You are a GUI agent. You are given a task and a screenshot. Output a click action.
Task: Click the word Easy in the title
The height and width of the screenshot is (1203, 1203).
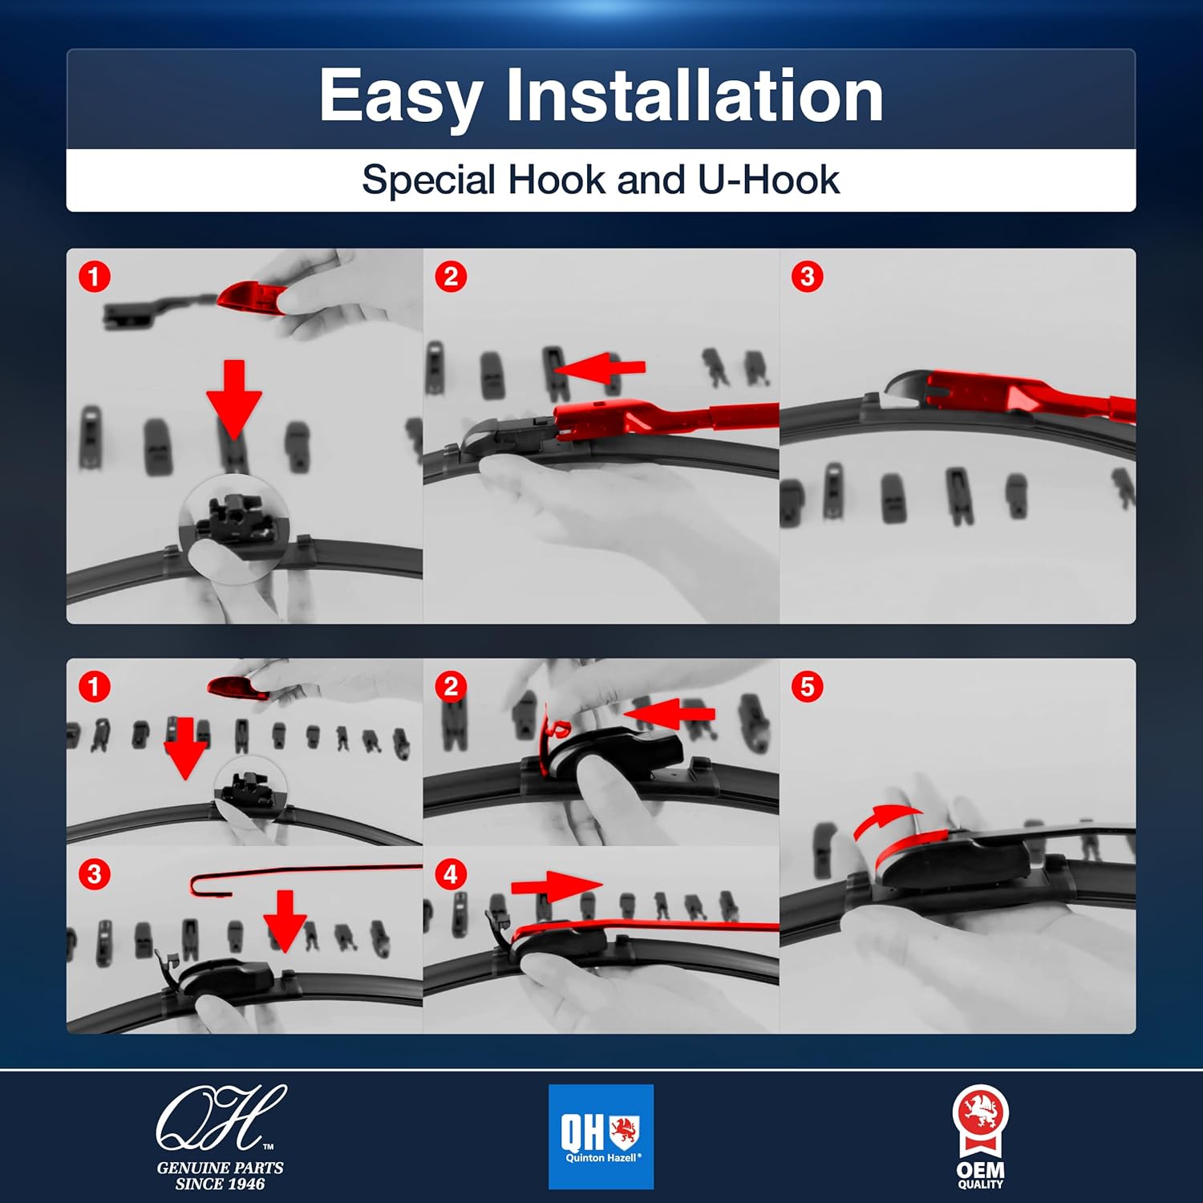click(x=399, y=98)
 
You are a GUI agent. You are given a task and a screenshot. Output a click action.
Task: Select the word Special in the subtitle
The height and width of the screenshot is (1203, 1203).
click(x=430, y=180)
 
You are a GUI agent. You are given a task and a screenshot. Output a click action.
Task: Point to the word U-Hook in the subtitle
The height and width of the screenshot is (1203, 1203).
click(x=768, y=179)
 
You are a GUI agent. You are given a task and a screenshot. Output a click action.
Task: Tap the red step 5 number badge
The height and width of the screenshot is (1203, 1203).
click(x=807, y=687)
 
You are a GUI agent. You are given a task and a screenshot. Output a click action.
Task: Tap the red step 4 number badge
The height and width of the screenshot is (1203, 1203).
click(x=451, y=874)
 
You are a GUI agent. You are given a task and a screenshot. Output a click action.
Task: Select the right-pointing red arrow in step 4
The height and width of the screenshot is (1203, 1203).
click(x=557, y=885)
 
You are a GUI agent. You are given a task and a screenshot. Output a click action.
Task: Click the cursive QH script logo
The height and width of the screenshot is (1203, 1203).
click(x=221, y=1117)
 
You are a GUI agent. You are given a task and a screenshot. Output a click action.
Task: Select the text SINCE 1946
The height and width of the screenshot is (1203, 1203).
click(x=220, y=1184)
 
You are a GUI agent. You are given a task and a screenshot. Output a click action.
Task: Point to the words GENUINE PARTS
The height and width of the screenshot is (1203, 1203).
click(x=220, y=1168)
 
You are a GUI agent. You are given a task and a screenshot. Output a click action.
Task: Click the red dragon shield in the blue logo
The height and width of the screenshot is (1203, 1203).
click(x=623, y=1130)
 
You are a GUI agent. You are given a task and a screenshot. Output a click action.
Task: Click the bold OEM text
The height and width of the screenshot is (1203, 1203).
click(x=980, y=1171)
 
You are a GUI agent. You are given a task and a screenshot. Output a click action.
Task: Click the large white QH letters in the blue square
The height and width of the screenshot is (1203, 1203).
click(x=583, y=1132)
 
